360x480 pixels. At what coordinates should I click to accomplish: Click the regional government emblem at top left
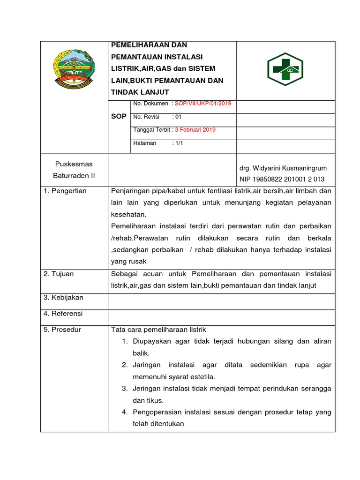[74, 69]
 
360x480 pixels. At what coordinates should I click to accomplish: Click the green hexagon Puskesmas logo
[285, 70]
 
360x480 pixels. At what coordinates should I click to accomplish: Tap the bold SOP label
[119, 116]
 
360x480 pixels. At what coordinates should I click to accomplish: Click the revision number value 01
[178, 117]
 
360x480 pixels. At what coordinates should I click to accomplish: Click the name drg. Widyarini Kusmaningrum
[283, 168]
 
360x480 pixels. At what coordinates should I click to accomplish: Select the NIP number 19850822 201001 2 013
[282, 179]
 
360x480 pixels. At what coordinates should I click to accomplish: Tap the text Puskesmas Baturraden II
[74, 170]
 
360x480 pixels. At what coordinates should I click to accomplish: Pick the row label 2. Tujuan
[59, 274]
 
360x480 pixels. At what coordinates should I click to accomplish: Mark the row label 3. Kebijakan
[63, 298]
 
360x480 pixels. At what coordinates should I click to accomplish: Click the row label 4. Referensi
[63, 314]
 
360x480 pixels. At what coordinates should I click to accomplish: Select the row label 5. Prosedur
[62, 330]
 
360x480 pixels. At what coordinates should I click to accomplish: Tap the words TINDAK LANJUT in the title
[140, 92]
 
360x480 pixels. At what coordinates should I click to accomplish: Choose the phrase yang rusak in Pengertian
[129, 262]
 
